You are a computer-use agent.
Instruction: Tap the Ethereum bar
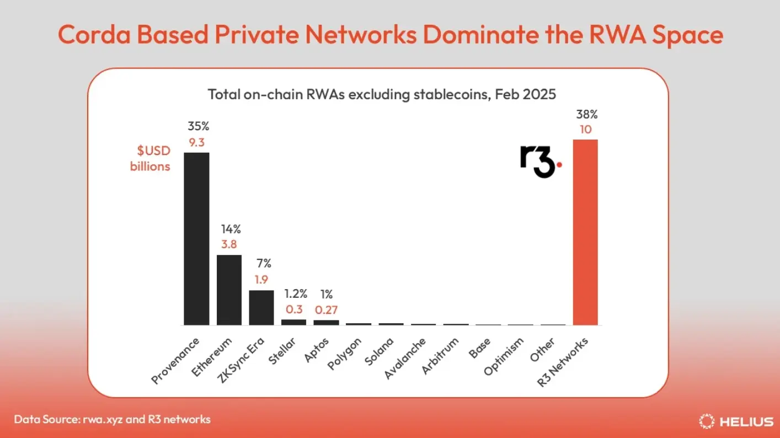coord(229,290)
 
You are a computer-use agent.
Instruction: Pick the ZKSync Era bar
coord(261,307)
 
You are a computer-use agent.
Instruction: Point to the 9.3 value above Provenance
coord(196,142)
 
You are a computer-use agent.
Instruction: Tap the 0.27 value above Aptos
coord(326,310)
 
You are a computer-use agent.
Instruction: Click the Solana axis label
coord(380,354)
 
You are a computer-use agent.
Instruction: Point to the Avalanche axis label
coord(405,359)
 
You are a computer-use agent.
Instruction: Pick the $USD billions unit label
coord(150,159)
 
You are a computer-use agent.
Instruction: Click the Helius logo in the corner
coord(736,421)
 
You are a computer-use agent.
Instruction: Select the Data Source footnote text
coord(112,419)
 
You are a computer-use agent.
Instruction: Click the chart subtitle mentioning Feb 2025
coord(382,94)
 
